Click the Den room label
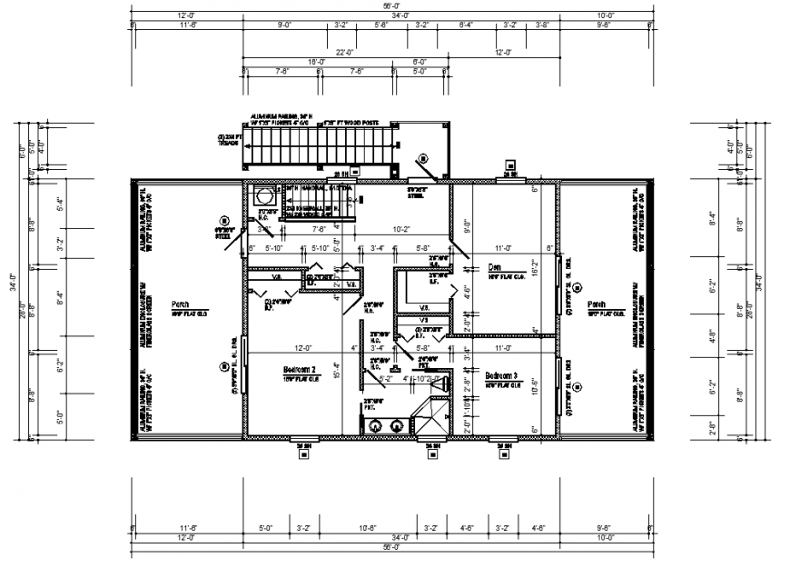coord(495,267)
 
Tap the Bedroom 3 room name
coord(500,375)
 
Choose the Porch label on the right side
coord(596,304)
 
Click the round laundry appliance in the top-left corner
coord(265,195)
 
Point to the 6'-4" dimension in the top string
coord(467,25)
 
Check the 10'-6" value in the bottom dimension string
coord(367,526)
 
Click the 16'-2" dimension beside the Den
coord(536,270)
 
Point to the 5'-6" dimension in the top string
coord(381,25)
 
